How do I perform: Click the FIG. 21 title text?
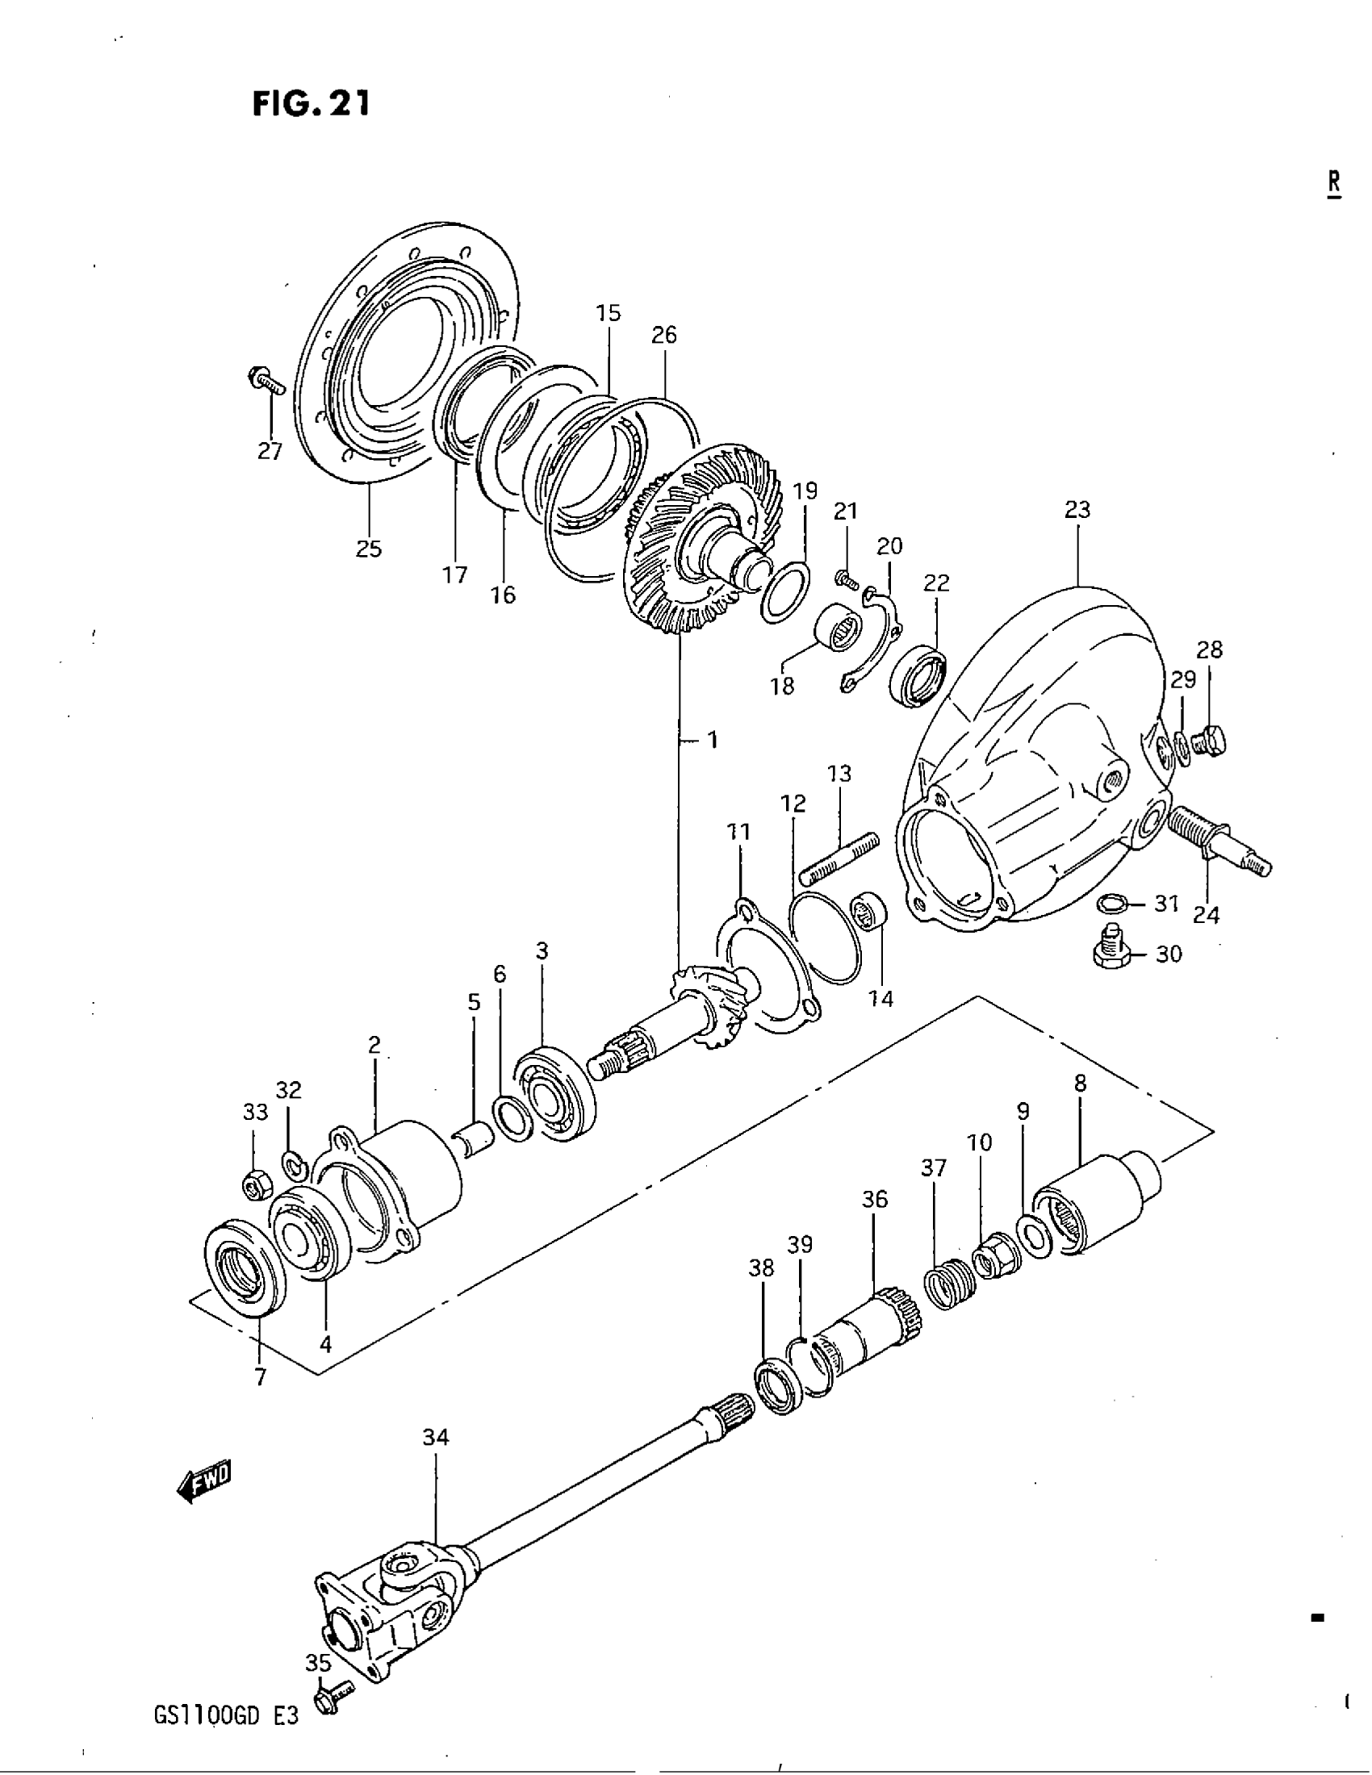(x=312, y=103)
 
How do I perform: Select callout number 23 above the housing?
(x=1077, y=511)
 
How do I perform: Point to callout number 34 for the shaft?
(x=436, y=1439)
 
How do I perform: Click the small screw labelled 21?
(x=845, y=579)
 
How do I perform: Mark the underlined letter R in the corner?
(x=1334, y=183)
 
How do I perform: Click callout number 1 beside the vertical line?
(x=712, y=741)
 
